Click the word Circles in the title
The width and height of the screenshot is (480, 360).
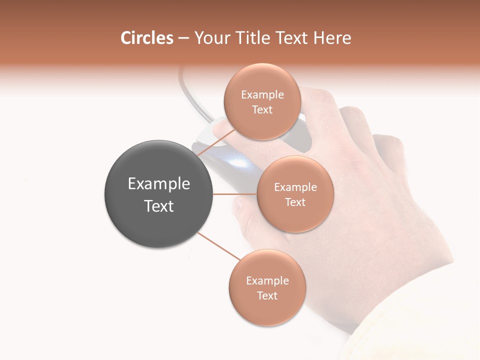146,38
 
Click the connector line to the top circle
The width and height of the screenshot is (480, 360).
216,142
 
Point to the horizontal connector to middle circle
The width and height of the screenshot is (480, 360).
234,194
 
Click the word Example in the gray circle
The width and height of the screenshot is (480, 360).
159,184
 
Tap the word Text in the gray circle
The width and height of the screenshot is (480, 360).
159,206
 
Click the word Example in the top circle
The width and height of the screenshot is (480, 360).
262,95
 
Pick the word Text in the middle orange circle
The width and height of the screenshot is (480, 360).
295,202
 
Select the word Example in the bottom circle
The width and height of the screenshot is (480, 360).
267,280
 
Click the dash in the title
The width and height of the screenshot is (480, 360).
183,38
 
